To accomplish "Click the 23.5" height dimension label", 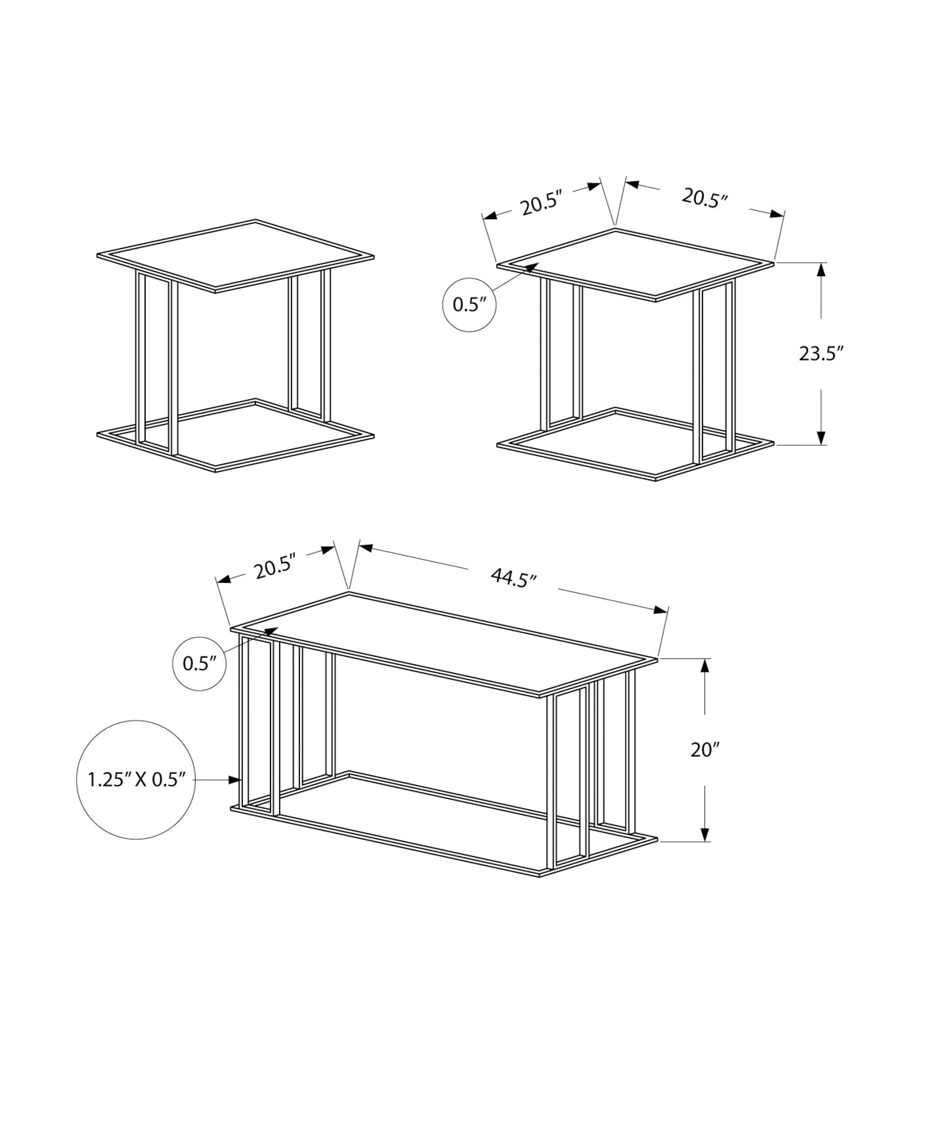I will (821, 354).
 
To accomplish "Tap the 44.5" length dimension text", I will (514, 578).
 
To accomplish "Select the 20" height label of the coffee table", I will (705, 750).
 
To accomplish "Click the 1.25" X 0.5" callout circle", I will (136, 780).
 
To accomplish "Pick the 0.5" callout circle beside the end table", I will (469, 304).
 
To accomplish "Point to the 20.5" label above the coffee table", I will (275, 569).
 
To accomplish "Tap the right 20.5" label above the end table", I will (705, 198).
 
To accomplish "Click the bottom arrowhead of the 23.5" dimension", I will (821, 437).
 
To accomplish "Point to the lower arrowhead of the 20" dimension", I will (705, 850).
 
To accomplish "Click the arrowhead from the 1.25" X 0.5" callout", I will (236, 780).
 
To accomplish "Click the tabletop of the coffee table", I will (444, 641).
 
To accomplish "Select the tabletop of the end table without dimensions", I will (235, 255).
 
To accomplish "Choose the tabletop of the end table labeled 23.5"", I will (636, 262).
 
